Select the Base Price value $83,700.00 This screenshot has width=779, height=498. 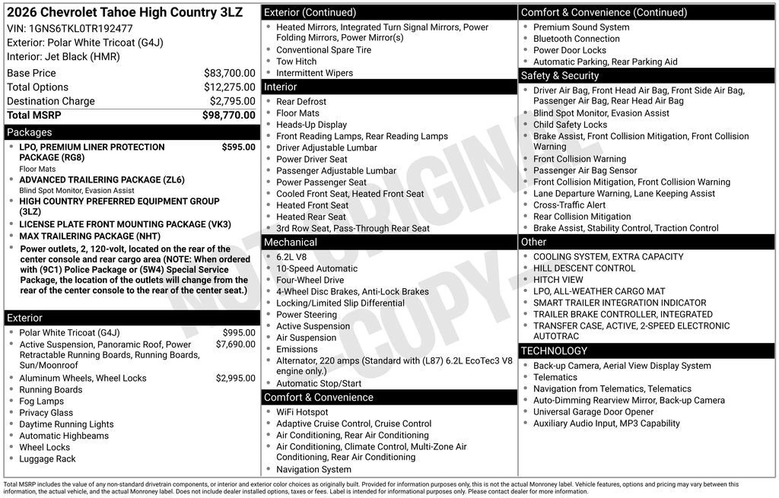(229, 73)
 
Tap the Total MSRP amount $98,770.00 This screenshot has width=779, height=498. (228, 115)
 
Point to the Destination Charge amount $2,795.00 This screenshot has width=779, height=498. (232, 101)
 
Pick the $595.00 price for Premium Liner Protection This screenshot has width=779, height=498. (238, 147)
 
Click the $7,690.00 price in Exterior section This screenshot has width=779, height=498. (235, 344)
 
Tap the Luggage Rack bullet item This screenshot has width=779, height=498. (47, 459)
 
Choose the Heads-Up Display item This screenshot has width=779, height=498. (311, 125)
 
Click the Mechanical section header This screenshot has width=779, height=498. (291, 243)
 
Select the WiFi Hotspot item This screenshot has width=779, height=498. (302, 412)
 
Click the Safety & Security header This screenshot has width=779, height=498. (560, 76)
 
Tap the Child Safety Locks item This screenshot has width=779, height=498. (570, 125)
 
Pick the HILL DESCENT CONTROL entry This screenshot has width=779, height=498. (583, 268)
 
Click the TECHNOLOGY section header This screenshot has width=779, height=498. (554, 351)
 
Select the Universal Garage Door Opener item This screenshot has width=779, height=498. (593, 412)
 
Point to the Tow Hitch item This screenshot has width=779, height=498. (296, 62)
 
